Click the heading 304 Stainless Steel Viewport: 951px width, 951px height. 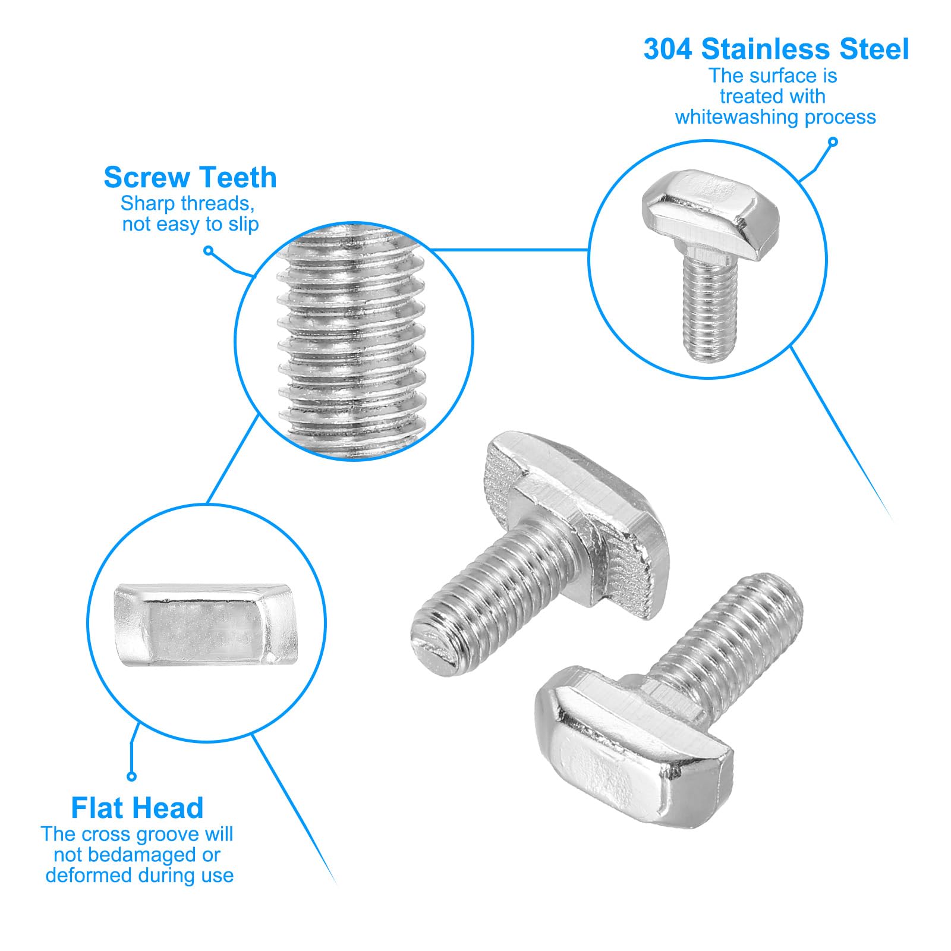pyautogui.click(x=776, y=49)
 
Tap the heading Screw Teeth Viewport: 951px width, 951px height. pyautogui.click(x=190, y=178)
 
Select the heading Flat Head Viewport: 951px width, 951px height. pyautogui.click(x=137, y=808)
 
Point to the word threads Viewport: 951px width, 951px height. pyautogui.click(x=218, y=204)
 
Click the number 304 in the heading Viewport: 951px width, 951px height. pyautogui.click(x=668, y=49)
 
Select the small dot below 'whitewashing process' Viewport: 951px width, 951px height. pyautogui.click(x=833, y=142)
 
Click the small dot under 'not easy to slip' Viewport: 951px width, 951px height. pyautogui.click(x=208, y=251)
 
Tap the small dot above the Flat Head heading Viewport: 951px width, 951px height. pyautogui.click(x=132, y=776)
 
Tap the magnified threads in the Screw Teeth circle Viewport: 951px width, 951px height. pyautogui.click(x=353, y=342)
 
